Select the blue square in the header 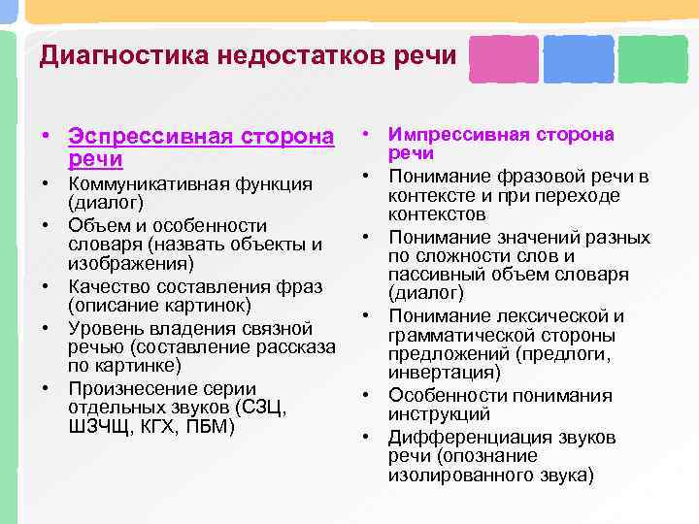coord(579,59)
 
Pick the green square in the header coord(652,59)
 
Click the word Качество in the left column coord(106,288)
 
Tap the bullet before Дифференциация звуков coord(369,437)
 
